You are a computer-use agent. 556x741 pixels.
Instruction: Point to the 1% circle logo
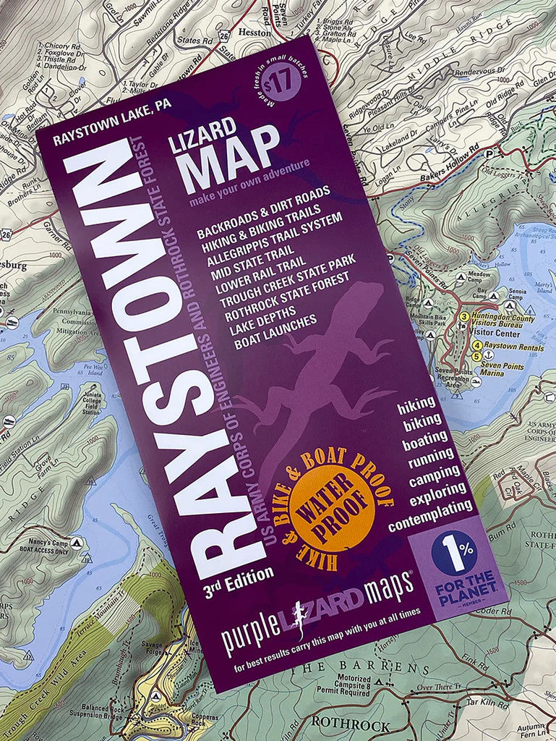pos(453,553)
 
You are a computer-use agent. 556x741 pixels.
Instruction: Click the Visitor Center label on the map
pos(490,334)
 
